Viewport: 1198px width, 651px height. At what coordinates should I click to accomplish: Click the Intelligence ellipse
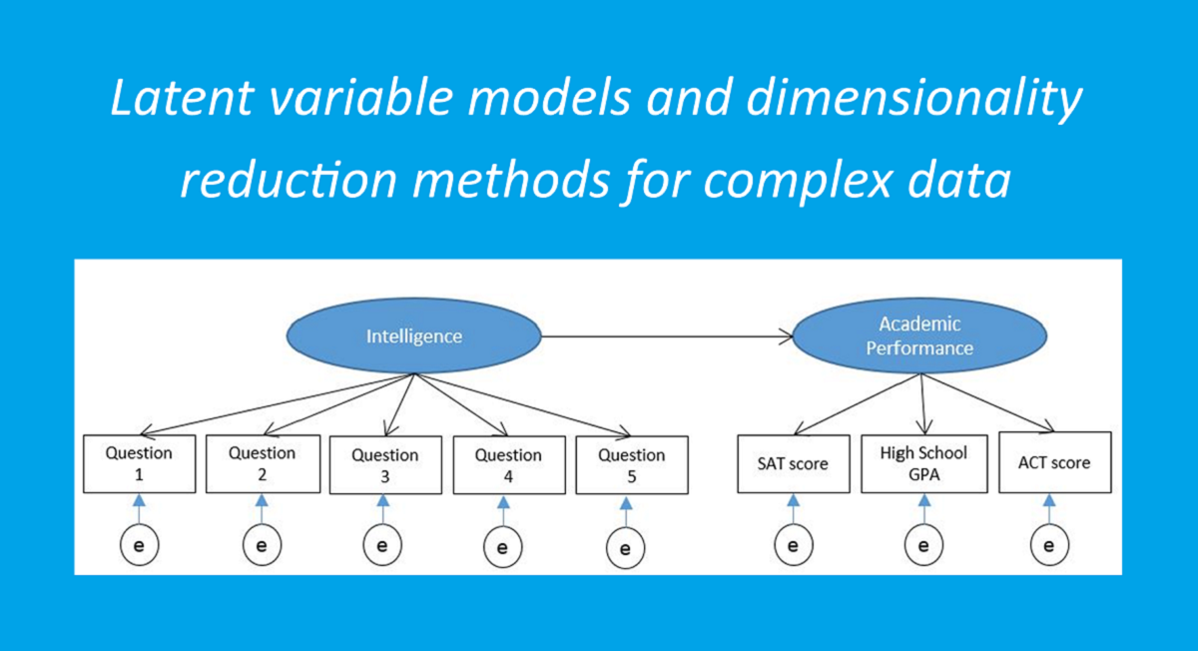click(414, 335)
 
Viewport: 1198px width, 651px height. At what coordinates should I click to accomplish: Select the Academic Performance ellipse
click(919, 335)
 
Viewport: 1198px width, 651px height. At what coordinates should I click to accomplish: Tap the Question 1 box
click(140, 463)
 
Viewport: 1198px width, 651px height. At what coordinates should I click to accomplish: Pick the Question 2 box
click(264, 463)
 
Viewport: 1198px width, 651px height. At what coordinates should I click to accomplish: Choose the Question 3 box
click(385, 465)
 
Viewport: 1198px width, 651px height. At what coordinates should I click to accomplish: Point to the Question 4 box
click(509, 465)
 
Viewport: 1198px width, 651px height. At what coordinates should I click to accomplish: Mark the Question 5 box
click(632, 465)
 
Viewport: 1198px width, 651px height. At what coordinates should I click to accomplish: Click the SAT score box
click(794, 463)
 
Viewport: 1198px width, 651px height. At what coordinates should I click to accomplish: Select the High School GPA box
click(924, 463)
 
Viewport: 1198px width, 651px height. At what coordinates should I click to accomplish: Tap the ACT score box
click(1055, 462)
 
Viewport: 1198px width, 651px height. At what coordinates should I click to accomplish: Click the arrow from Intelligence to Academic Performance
click(667, 336)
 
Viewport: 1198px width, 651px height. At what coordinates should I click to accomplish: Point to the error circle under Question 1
click(139, 545)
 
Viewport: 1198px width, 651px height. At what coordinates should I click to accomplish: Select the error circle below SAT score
click(794, 545)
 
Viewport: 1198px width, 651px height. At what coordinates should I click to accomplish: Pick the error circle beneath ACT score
click(1050, 545)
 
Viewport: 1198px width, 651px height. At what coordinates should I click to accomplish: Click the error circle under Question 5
click(626, 548)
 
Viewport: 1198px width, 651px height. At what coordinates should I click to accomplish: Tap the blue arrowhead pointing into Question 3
click(383, 500)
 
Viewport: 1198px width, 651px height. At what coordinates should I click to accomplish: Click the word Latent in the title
click(182, 98)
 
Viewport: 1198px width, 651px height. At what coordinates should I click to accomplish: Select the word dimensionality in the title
click(914, 99)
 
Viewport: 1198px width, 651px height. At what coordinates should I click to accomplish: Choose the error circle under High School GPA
click(923, 545)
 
